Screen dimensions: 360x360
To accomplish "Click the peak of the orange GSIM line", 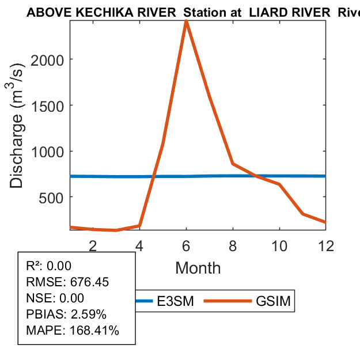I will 186,21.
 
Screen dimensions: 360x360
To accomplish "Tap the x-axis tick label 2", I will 93,246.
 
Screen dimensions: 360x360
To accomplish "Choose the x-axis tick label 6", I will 186,246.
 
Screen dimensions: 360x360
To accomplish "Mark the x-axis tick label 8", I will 233,246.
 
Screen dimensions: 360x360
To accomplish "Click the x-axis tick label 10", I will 279,246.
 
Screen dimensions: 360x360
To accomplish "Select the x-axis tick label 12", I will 325,246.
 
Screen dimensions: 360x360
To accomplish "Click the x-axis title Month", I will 198,268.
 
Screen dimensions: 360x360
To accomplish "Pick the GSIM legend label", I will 272,301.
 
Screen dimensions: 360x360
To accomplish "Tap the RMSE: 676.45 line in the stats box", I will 67,282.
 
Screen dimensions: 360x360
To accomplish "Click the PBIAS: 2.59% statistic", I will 66,314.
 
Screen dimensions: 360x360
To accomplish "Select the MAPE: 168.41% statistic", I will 73,331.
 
